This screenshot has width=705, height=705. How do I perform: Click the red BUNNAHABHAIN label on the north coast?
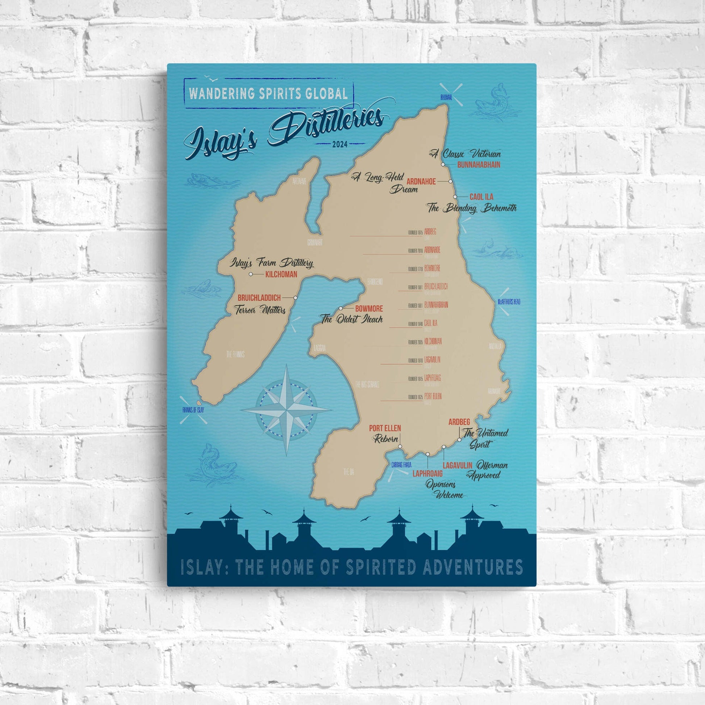pyautogui.click(x=478, y=165)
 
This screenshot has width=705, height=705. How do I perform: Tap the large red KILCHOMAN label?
pyautogui.click(x=281, y=274)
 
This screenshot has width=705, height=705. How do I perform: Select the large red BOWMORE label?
pyautogui.click(x=369, y=309)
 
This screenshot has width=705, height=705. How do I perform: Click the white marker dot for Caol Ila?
pyautogui.click(x=455, y=197)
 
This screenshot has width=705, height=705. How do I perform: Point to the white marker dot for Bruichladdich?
pyautogui.click(x=295, y=298)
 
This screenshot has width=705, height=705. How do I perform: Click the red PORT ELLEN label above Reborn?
pyautogui.click(x=385, y=428)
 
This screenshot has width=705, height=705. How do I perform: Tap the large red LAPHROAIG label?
pyautogui.click(x=427, y=474)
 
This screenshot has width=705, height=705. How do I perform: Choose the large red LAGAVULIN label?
pyautogui.click(x=458, y=466)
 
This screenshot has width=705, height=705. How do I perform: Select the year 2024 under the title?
pyautogui.click(x=340, y=144)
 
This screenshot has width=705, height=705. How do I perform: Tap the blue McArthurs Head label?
pyautogui.click(x=509, y=302)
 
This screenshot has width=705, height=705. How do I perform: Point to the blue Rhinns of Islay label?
pyautogui.click(x=193, y=410)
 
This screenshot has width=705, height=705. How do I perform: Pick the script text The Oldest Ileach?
pyautogui.click(x=351, y=319)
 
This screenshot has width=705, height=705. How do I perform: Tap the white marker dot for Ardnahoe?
pyautogui.click(x=450, y=181)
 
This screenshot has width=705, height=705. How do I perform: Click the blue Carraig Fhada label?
pyautogui.click(x=401, y=465)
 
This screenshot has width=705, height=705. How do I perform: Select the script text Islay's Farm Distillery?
pyautogui.click(x=271, y=263)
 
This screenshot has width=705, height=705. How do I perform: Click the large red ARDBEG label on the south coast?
pyautogui.click(x=459, y=422)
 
